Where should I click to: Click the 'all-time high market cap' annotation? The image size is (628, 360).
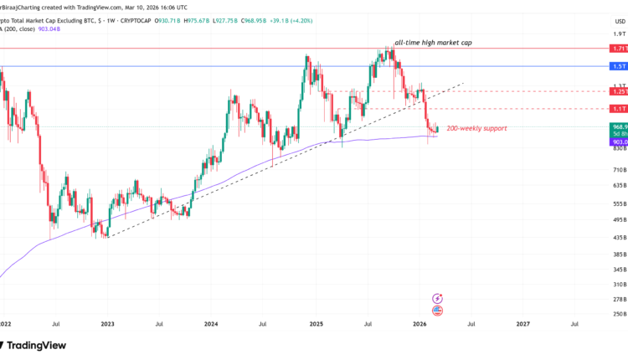click(x=426, y=41)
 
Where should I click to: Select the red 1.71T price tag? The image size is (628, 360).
click(x=619, y=49)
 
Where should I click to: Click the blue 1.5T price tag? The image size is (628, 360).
click(x=619, y=66)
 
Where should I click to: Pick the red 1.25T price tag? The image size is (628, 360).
click(x=619, y=91)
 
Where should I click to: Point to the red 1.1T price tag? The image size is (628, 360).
click(x=619, y=109)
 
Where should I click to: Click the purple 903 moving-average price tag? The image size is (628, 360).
click(x=619, y=142)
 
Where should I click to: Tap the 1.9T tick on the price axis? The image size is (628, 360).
click(x=619, y=34)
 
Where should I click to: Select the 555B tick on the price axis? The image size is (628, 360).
click(x=619, y=203)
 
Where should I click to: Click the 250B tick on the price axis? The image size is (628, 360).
click(x=619, y=314)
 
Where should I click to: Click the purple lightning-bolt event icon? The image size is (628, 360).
click(x=438, y=297)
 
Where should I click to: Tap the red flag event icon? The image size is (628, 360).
click(x=438, y=311)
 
